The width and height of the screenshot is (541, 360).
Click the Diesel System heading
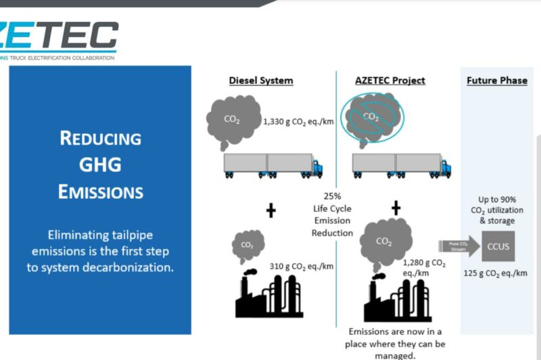(260, 80)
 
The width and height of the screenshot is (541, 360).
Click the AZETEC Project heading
(390, 80)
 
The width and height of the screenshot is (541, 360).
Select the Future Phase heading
(496, 80)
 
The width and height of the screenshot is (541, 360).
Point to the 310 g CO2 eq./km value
(302, 266)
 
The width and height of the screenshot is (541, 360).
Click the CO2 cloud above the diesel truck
(233, 118)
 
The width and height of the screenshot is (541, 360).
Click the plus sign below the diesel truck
(271, 210)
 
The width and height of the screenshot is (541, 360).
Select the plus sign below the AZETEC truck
(396, 208)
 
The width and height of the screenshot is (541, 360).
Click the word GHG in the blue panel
(100, 164)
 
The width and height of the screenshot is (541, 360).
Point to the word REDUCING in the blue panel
(100, 139)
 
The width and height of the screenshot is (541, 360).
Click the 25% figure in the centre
(331, 196)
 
